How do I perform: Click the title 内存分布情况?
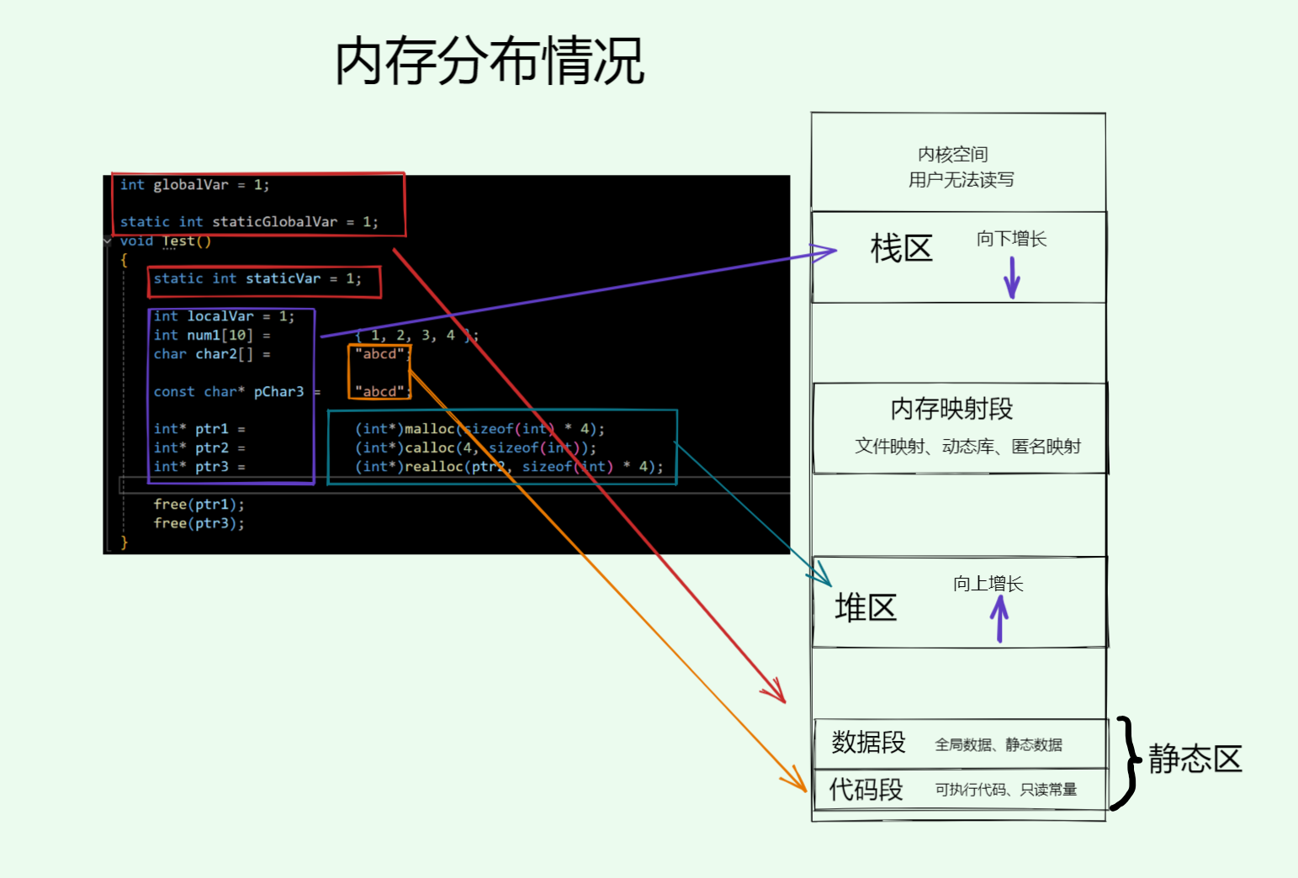tap(490, 61)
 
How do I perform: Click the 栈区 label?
tap(901, 249)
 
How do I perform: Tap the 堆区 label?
tap(866, 607)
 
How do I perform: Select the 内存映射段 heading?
tap(951, 409)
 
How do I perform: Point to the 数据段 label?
tap(868, 742)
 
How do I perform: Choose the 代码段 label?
tap(866, 789)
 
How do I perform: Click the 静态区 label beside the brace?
tap(1195, 759)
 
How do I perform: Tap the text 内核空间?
tap(952, 155)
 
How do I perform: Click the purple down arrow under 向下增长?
tap(1012, 277)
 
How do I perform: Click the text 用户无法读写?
tap(961, 180)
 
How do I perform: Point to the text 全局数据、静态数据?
tap(998, 745)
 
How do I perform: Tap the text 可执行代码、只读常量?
tap(1005, 790)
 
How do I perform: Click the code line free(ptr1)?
tap(199, 505)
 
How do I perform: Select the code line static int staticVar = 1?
tap(257, 278)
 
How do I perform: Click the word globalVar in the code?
tap(190, 185)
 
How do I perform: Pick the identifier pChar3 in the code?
tap(278, 392)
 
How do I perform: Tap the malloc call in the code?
tap(430, 429)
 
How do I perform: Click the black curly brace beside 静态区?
tap(1126, 762)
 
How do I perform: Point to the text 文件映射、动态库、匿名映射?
tap(967, 447)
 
